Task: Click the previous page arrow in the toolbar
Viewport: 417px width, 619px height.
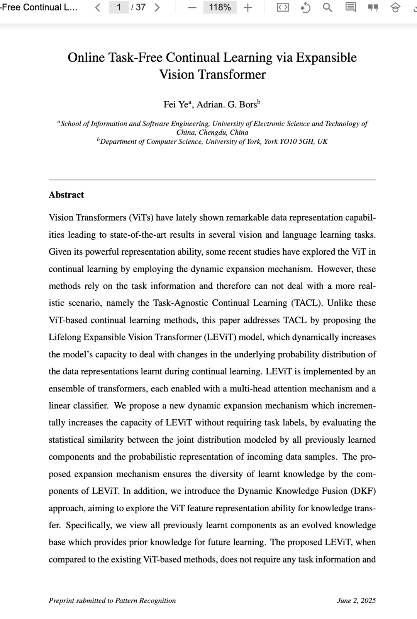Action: (98, 7)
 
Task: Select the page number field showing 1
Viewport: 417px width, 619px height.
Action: (119, 7)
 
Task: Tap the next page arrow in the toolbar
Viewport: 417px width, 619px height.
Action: (157, 7)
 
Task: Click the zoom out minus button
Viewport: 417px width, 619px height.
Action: (192, 7)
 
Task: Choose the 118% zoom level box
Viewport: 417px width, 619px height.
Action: (220, 7)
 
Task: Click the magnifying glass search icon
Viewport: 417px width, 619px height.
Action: (327, 7)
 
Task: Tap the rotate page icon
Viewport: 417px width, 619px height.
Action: (305, 7)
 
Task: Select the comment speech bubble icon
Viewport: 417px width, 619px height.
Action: (350, 7)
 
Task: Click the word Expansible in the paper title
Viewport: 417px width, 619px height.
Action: (326, 58)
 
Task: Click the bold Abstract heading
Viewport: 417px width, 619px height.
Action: (66, 195)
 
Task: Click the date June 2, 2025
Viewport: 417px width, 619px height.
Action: (356, 600)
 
